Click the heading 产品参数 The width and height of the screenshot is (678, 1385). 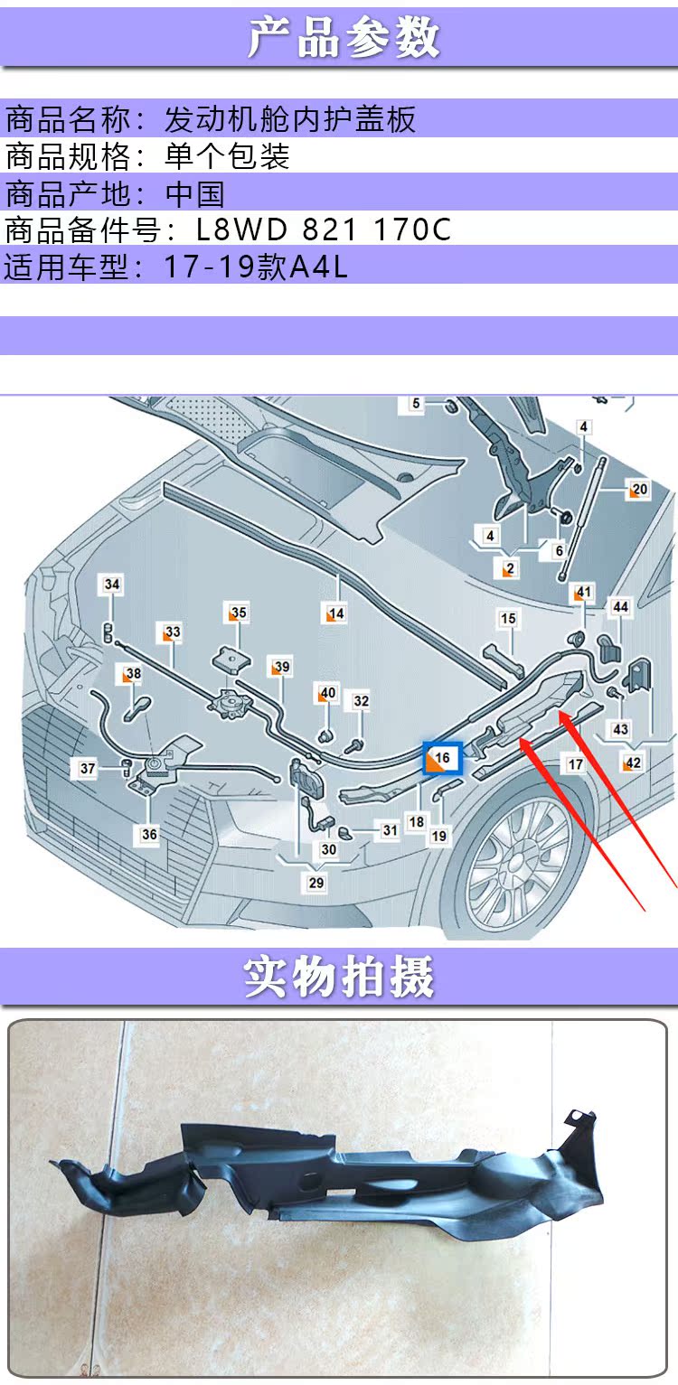(x=343, y=38)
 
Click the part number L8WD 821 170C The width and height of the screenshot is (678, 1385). (x=324, y=229)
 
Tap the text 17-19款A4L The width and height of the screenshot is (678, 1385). (x=256, y=267)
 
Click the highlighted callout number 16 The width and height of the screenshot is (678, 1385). (x=443, y=759)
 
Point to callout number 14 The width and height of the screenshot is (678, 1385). (x=336, y=614)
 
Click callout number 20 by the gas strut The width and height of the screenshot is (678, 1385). (x=639, y=491)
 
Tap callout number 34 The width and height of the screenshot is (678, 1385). (x=111, y=585)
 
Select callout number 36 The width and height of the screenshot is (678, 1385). (x=149, y=834)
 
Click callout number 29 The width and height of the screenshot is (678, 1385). (x=315, y=883)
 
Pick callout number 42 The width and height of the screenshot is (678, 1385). (x=633, y=763)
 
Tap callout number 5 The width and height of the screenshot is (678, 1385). (x=416, y=404)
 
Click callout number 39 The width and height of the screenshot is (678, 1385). (x=282, y=668)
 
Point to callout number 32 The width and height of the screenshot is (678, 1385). (x=361, y=701)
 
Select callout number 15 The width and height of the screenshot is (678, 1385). (x=508, y=619)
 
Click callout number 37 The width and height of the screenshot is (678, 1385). (x=87, y=769)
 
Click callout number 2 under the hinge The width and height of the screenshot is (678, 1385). (x=510, y=569)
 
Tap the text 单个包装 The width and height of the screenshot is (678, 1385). (x=227, y=156)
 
